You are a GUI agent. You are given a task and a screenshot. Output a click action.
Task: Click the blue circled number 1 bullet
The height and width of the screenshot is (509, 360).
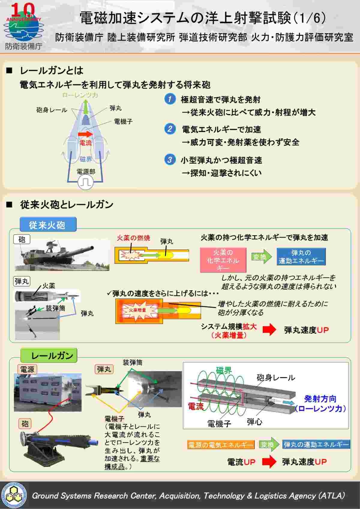tap(170, 99)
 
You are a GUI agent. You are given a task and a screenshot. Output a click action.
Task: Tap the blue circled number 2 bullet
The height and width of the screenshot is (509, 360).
tap(170, 129)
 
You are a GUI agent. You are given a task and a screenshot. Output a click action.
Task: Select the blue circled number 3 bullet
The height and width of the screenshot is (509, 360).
tap(170, 159)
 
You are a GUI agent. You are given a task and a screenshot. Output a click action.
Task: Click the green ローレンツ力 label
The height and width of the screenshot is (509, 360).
tap(80, 95)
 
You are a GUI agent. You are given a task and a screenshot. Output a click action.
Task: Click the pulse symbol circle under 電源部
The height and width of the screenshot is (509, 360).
tap(86, 182)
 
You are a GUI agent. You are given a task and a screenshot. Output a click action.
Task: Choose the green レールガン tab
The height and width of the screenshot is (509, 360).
tap(49, 356)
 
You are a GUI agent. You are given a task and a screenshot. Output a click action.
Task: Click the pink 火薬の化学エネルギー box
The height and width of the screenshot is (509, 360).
tap(223, 260)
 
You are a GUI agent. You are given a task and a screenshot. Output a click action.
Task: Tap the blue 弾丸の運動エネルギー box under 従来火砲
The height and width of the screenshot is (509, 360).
tap(301, 257)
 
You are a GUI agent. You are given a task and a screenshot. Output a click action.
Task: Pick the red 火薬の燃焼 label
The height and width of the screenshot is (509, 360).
tap(133, 238)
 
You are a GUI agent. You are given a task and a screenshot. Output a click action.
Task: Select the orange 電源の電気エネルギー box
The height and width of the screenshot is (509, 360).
tap(221, 445)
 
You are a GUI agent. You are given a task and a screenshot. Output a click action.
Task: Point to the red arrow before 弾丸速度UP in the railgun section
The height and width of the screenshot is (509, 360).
tap(269, 462)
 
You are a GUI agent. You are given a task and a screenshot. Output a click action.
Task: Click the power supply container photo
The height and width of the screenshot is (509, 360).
tap(47, 392)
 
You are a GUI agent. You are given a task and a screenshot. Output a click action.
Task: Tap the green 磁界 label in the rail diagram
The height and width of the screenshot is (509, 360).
tap(224, 370)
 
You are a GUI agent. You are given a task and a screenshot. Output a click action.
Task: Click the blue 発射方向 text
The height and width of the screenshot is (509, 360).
tap(320, 399)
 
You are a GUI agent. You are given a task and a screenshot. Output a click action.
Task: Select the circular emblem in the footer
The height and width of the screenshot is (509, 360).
tap(14, 495)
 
